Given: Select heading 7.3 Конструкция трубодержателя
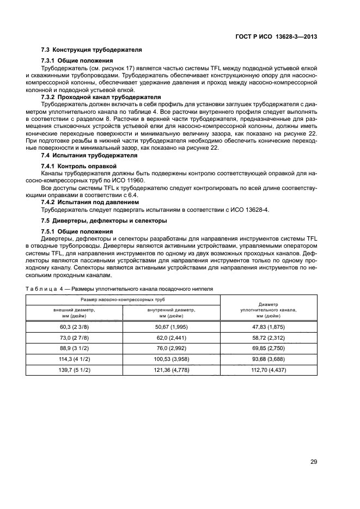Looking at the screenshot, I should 91,50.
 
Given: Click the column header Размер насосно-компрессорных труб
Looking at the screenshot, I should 123,299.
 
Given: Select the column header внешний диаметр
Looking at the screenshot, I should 74,312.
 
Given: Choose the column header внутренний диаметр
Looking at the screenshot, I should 172,312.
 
